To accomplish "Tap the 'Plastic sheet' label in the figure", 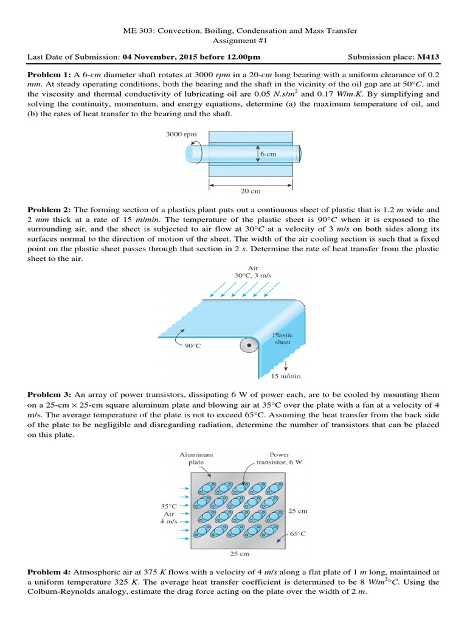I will [282, 338].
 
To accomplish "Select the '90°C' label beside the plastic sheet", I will [192, 346].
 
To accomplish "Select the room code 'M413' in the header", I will [427, 57].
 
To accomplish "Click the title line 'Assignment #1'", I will [233, 41].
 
